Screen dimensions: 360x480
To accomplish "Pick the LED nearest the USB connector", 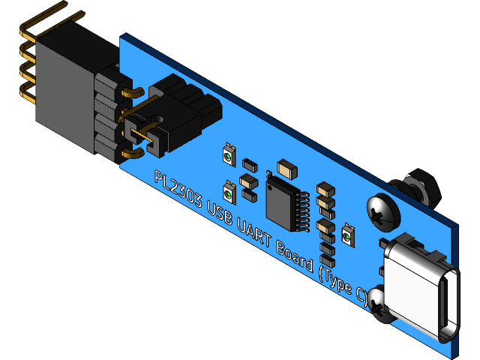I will pos(347,235).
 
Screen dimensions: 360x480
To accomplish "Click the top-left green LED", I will pos(229,155).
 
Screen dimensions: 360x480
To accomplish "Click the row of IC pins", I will pos(301,211).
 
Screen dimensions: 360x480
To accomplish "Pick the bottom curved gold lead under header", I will pos(132,154).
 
